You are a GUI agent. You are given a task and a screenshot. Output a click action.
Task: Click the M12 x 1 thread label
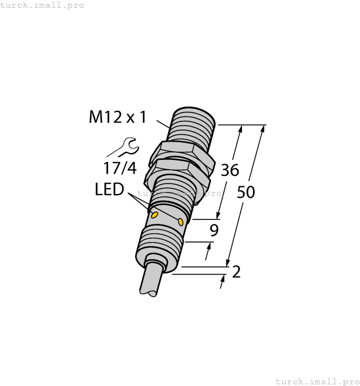point(117,117)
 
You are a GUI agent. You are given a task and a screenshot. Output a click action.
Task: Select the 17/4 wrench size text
point(120,168)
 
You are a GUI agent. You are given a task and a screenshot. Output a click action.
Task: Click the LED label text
point(109,190)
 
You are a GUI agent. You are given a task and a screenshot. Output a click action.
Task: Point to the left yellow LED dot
point(155,214)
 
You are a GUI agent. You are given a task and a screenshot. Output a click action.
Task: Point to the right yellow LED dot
point(180,221)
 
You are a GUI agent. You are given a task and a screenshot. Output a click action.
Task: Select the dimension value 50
point(246,192)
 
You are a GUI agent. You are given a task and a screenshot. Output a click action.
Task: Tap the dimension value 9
point(214,230)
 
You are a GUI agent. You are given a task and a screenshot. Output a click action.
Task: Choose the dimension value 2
point(237,272)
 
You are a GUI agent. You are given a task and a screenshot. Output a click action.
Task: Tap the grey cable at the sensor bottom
point(149,282)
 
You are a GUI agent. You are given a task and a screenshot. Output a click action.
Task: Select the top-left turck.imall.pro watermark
point(42,5)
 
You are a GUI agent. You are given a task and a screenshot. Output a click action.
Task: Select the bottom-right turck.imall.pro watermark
point(316,381)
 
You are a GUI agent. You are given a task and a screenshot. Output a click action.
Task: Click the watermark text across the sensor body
point(179,194)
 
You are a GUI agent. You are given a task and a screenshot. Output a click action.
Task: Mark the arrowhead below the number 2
point(223,283)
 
